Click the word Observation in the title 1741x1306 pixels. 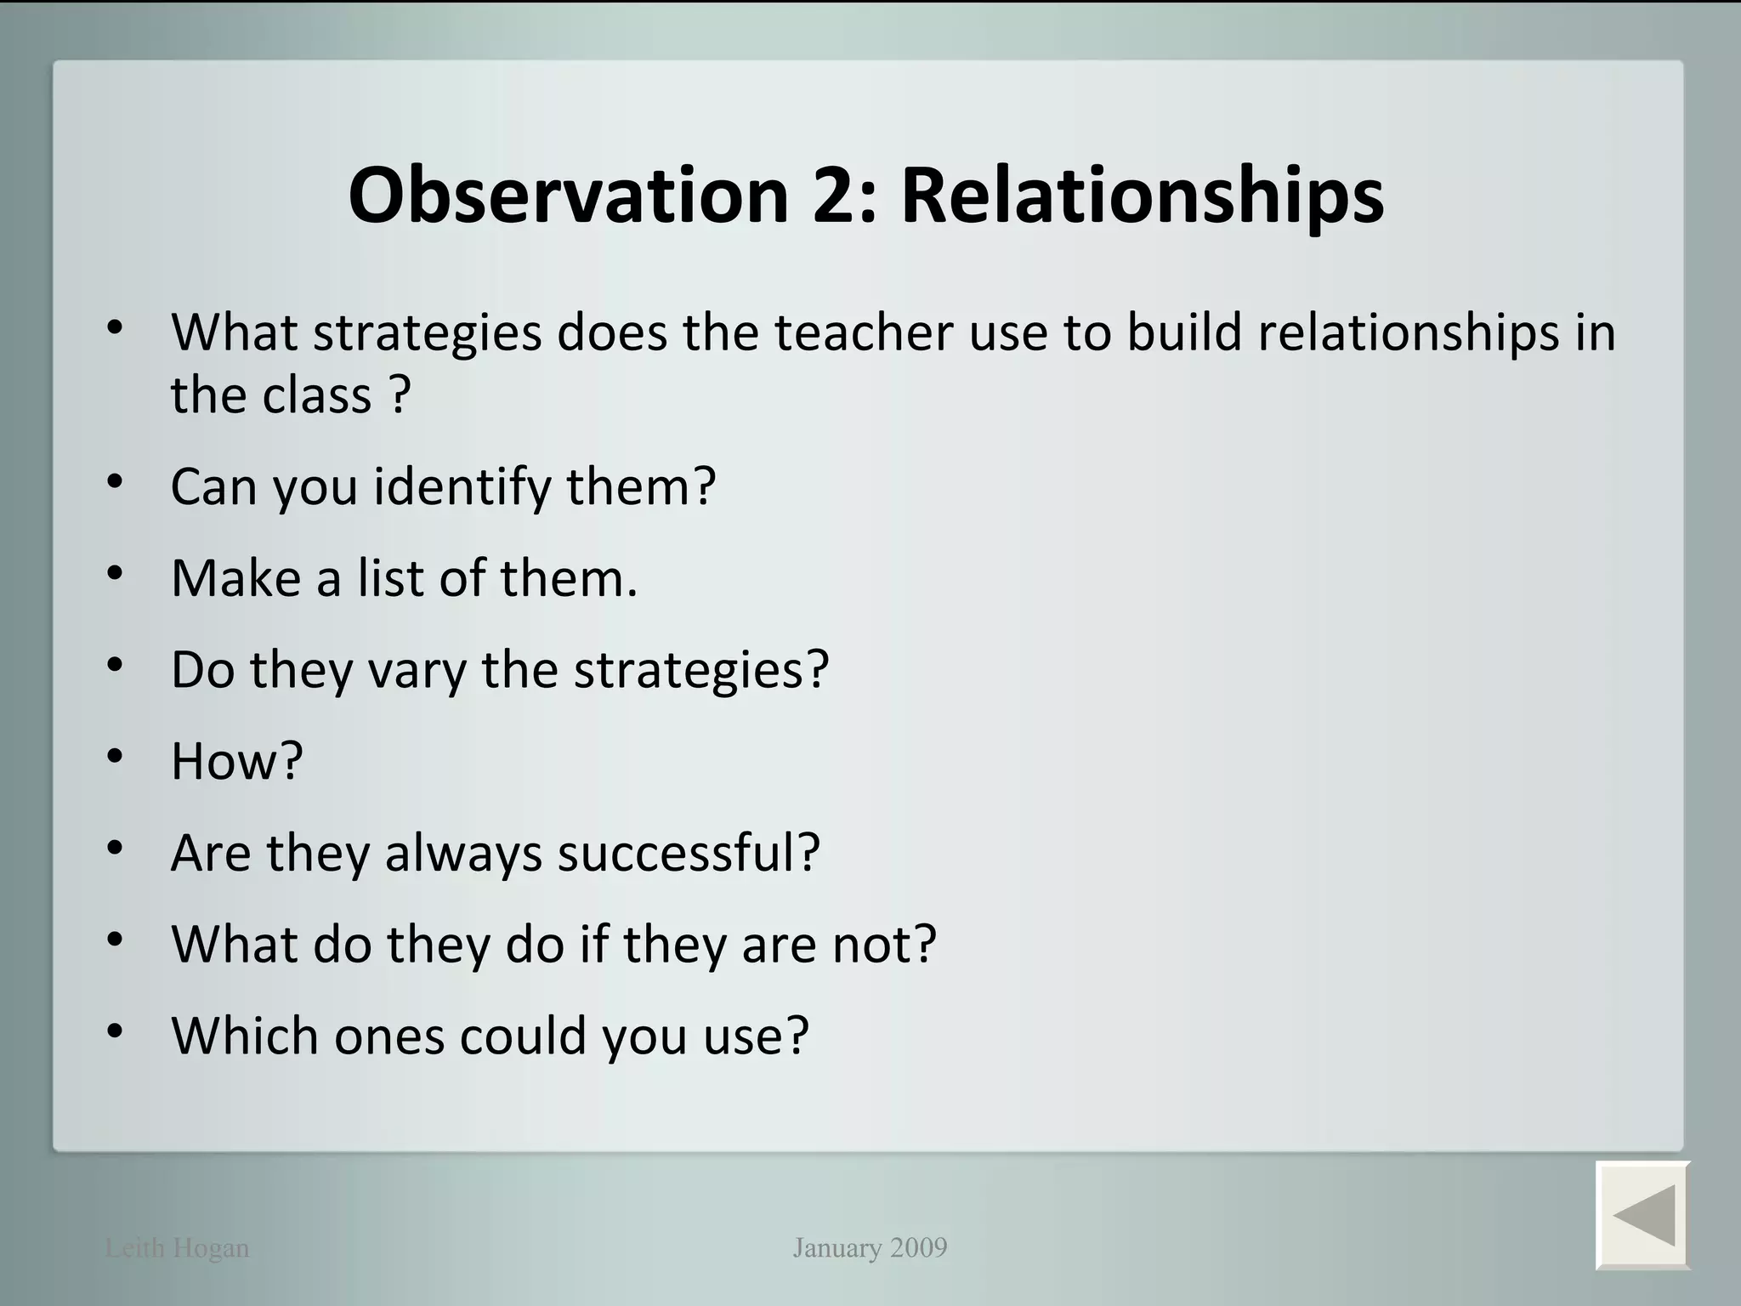coord(569,196)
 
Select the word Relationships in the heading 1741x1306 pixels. coord(1142,196)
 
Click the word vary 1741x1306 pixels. coord(417,670)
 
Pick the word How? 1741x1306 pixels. coord(236,761)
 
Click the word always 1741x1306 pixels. coord(463,853)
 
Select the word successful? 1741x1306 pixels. coord(689,853)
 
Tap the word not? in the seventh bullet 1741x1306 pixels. coord(884,944)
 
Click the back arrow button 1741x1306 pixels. coord(1642,1214)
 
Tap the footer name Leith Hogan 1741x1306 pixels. coord(177,1248)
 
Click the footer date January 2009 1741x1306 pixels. coord(870,1247)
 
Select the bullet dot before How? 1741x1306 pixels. coord(115,755)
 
